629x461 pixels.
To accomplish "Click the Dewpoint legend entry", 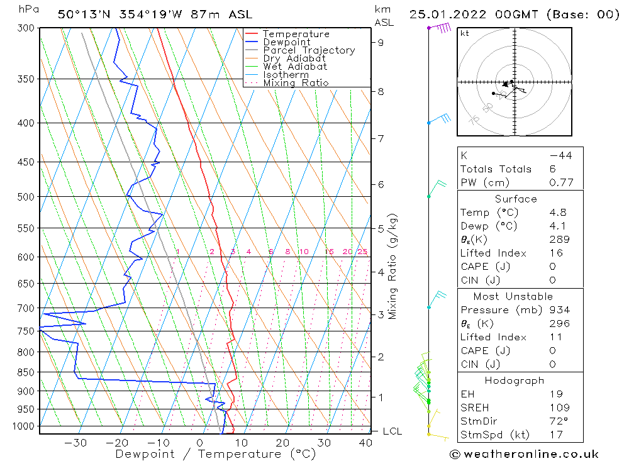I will [286, 42].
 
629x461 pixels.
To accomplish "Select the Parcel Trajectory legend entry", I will [309, 50].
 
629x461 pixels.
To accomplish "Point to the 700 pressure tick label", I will [25, 308].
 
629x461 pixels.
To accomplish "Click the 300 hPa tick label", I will [25, 28].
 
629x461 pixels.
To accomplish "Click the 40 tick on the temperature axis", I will [365, 443].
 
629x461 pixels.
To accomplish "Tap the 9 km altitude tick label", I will [381, 42].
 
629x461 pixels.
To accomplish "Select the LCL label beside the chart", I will [392, 431].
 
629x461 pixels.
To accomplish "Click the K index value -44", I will [560, 155].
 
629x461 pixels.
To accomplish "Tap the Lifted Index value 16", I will [556, 253].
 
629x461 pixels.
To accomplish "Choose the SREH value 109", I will [559, 408].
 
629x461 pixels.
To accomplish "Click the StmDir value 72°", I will [559, 421].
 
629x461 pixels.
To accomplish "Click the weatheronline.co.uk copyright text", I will [524, 454].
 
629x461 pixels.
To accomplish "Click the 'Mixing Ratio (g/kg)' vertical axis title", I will [393, 266].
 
